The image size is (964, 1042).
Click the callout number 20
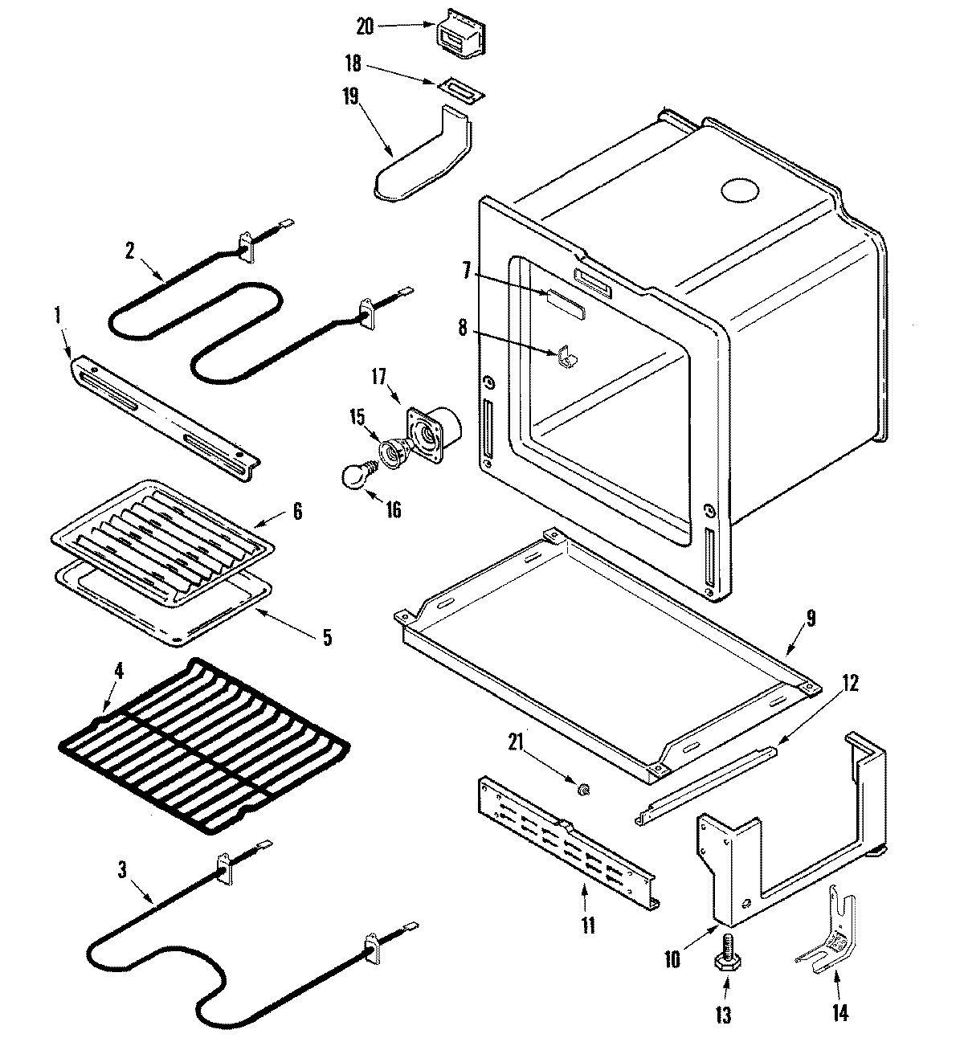(x=365, y=27)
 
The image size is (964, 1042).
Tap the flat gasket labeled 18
(x=462, y=89)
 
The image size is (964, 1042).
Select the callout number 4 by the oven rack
(x=119, y=668)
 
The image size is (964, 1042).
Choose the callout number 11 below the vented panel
(x=588, y=926)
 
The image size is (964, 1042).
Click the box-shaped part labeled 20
(x=460, y=35)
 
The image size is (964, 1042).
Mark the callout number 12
(x=851, y=684)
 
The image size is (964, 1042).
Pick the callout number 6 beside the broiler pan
(x=297, y=511)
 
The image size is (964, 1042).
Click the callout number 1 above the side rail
(x=56, y=317)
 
